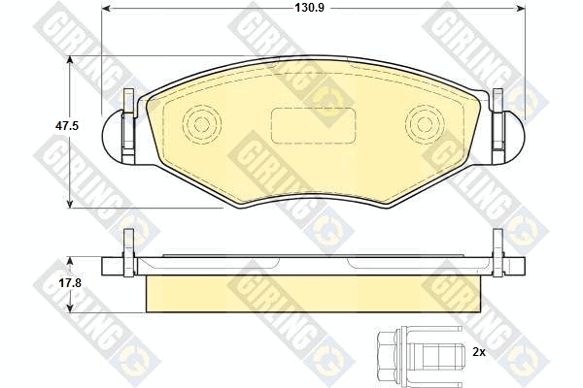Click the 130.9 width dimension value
click(x=309, y=8)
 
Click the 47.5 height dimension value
click(x=67, y=126)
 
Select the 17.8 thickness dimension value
click(x=70, y=283)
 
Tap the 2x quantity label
click(x=479, y=353)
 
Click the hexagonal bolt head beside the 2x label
click(x=388, y=353)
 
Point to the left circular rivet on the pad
click(x=202, y=124)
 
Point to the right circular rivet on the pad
click(x=425, y=124)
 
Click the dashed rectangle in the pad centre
click(x=314, y=126)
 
